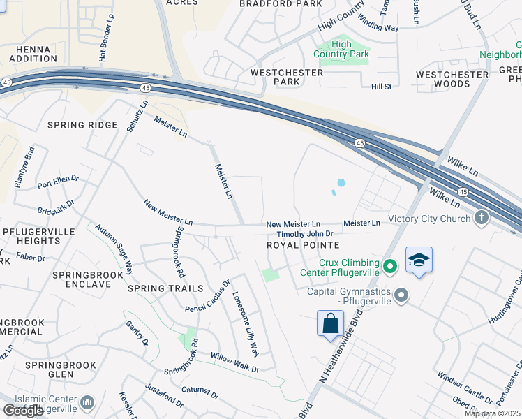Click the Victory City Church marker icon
(x=481, y=218)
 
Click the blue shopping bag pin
(x=330, y=324)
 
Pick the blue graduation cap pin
(x=418, y=260)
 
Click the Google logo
(x=23, y=411)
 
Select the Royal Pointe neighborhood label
(x=303, y=246)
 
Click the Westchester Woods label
(x=452, y=79)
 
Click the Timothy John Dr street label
(x=305, y=235)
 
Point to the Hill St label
(x=382, y=87)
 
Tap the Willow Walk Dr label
(x=235, y=363)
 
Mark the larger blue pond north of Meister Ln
(x=341, y=184)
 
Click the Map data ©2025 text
(x=491, y=413)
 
